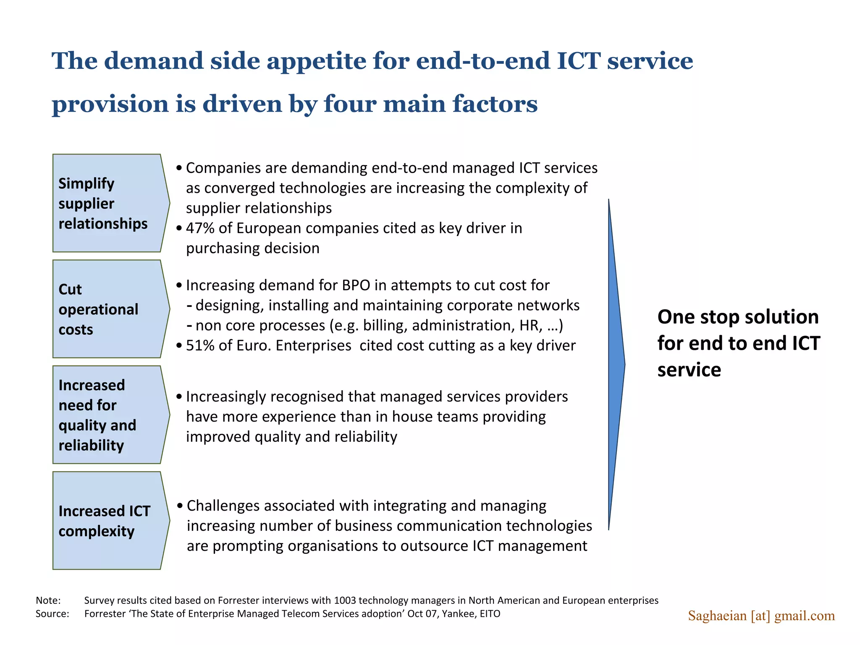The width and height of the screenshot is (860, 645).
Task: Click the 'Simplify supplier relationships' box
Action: click(107, 203)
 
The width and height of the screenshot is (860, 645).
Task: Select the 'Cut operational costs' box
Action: click(107, 309)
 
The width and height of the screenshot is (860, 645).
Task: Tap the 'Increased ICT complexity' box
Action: click(107, 521)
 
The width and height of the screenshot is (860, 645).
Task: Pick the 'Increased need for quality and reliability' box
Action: click(107, 415)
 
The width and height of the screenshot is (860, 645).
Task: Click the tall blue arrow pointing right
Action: click(616, 364)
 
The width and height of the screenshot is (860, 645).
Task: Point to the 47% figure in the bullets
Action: click(200, 228)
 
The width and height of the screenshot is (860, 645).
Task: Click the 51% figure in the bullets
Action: click(200, 346)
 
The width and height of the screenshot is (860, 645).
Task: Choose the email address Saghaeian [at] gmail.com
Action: click(761, 616)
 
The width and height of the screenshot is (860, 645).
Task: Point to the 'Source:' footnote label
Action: click(52, 614)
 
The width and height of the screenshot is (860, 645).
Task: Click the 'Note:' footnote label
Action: click(48, 600)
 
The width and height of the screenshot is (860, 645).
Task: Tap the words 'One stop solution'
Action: click(738, 317)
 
